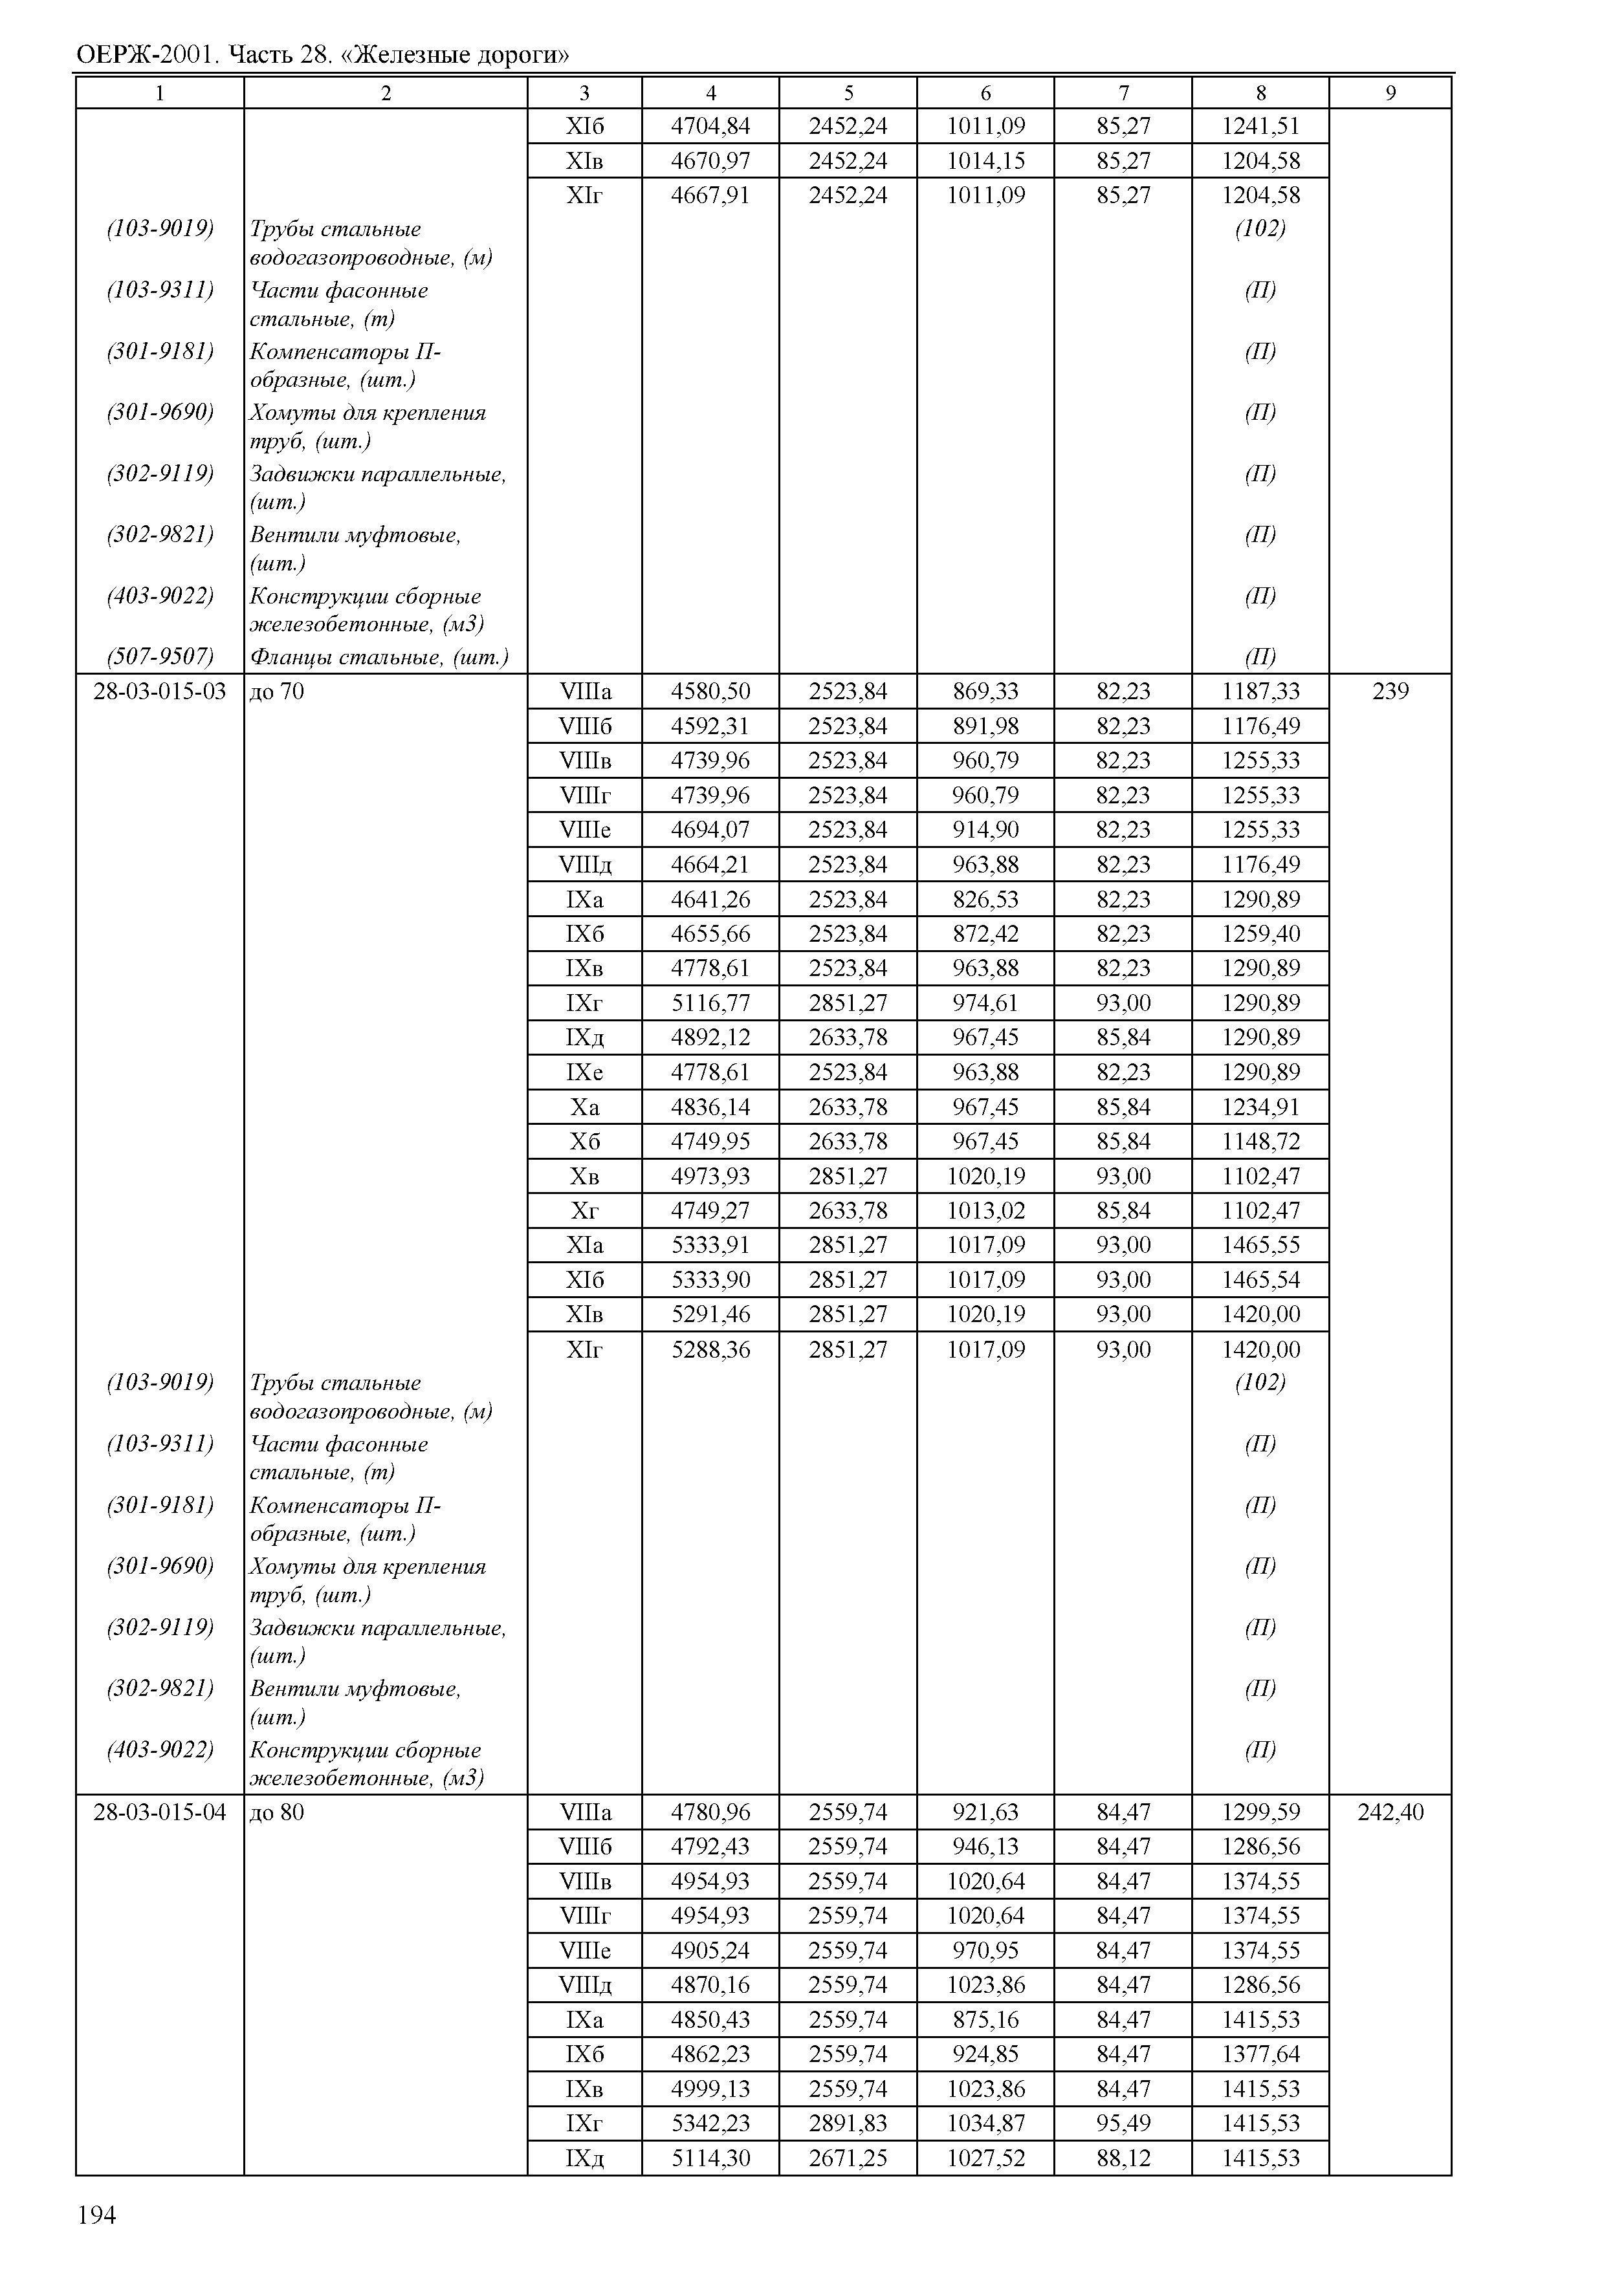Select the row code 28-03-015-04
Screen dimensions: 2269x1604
point(159,1812)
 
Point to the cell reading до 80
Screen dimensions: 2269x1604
point(277,1812)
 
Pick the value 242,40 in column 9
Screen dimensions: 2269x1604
point(1390,1812)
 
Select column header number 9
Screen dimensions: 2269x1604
point(1390,93)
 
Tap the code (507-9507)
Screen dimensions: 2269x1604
point(160,657)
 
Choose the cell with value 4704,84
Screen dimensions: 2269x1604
point(710,125)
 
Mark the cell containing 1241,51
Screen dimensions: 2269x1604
point(1260,125)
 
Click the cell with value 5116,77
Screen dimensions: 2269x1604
point(710,1003)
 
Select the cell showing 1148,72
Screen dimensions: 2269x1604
point(1260,1142)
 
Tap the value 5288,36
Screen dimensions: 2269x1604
point(710,1349)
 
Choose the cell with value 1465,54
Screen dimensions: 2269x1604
point(1260,1280)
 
